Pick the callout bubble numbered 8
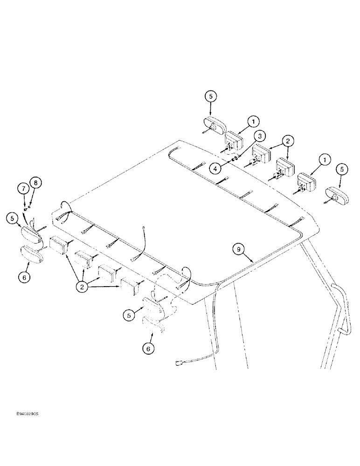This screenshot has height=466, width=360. pos(36,182)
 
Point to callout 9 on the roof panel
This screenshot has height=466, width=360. pos(239,250)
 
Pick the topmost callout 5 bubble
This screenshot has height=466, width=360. pos(210,97)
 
